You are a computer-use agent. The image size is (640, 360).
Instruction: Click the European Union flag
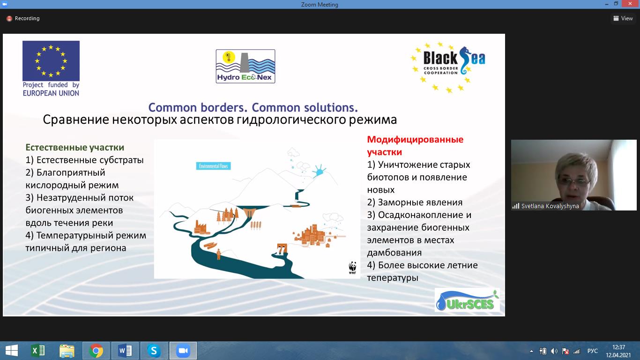51,60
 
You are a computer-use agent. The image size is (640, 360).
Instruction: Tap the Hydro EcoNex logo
246,67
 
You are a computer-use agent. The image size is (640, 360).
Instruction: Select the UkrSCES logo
467,300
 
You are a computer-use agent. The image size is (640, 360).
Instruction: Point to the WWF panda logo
353,268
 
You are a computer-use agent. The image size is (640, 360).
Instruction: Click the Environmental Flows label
214,166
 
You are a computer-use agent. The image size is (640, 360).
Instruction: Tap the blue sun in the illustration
319,171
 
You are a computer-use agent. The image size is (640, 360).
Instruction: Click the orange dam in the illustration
249,212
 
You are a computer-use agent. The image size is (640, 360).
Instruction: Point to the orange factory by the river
201,228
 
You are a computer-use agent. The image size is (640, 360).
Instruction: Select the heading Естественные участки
75,147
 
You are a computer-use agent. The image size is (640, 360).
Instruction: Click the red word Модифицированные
415,140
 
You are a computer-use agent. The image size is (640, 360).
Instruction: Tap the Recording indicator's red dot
9,19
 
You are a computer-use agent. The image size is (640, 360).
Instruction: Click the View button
623,18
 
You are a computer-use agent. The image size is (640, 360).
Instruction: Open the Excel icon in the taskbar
37,351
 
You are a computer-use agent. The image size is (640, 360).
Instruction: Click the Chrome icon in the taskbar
96,351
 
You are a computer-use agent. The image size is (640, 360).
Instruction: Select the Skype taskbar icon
154,351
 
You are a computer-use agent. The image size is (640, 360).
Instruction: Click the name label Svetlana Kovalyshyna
550,206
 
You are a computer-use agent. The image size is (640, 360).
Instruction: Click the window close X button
630,4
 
